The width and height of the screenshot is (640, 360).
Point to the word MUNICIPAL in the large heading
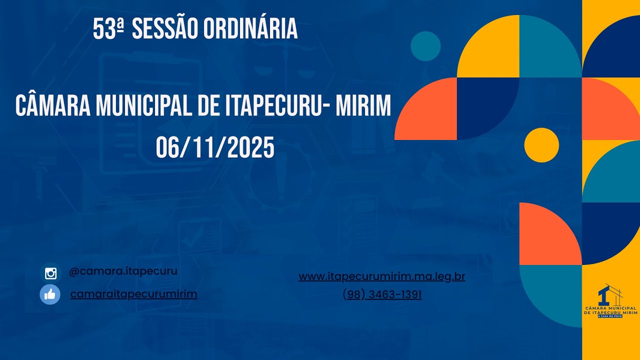142,106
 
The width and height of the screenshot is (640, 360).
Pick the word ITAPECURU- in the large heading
267,106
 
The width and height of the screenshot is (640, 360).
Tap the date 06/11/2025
215,148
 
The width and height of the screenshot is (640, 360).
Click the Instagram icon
50,273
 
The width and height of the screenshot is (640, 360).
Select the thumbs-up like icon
50,294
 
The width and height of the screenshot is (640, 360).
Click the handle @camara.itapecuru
123,271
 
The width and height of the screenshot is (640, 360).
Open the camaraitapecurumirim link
133,294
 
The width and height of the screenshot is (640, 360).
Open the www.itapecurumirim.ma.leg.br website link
381,276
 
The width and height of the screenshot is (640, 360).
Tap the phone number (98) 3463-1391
382,295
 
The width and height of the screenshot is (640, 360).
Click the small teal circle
425,46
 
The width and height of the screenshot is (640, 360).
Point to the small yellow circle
541,145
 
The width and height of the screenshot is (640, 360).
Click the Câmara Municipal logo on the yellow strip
610,302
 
